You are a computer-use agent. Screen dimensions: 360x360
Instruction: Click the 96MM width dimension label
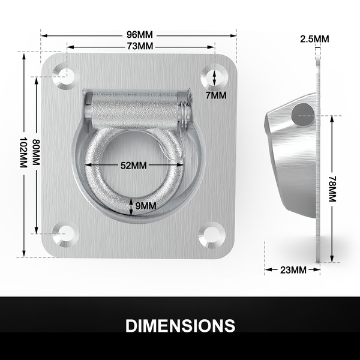[x=140, y=35]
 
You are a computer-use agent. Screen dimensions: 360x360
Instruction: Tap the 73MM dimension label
[x=140, y=46]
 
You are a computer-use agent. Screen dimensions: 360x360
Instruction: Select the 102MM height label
[x=23, y=152]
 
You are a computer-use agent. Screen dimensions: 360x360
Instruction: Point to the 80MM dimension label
[x=36, y=152]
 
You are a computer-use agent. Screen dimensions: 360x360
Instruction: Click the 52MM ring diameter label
[x=134, y=166]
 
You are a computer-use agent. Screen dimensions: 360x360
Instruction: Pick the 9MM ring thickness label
[x=146, y=206]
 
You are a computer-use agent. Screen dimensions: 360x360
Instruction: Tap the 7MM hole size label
[x=216, y=95]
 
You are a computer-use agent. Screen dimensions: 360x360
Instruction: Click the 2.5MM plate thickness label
[x=314, y=39]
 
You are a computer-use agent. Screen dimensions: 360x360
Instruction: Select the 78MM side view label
[x=332, y=189]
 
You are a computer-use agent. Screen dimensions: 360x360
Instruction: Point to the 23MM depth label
[x=293, y=270]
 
